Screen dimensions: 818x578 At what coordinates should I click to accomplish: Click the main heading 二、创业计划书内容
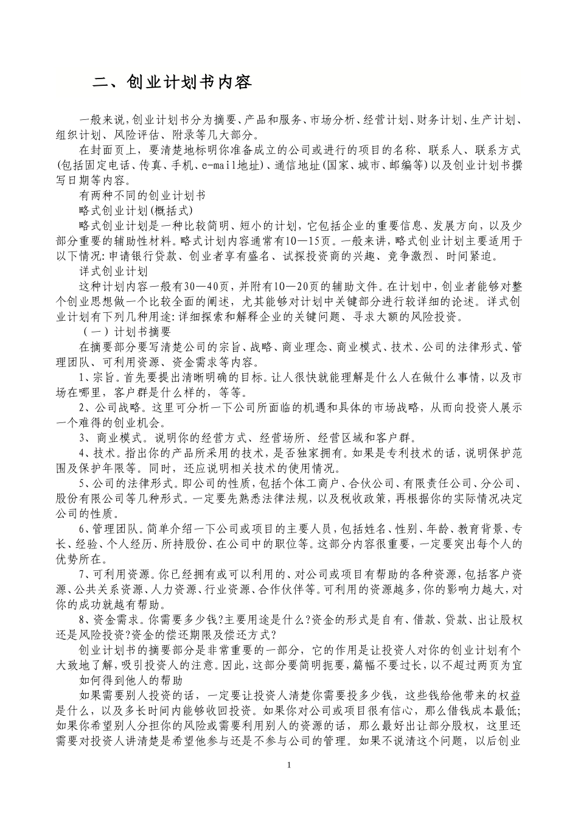point(172,83)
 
